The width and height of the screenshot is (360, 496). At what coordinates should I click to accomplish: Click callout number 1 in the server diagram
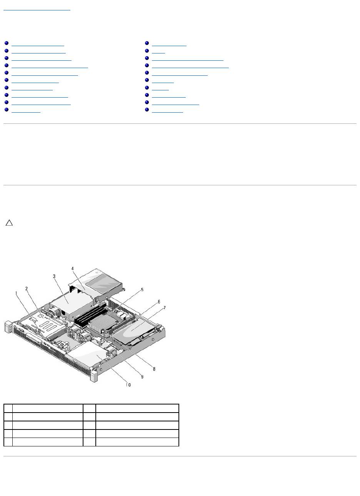point(16,293)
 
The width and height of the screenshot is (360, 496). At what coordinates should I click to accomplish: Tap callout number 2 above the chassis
point(26,288)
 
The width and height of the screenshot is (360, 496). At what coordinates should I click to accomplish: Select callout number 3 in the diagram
point(54,276)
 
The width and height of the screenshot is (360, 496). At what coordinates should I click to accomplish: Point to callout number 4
point(73,268)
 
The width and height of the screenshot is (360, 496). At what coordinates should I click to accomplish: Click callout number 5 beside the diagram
point(142,290)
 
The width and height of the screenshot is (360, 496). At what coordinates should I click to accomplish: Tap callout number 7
point(164,308)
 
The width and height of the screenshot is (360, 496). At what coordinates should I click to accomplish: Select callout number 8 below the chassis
point(154,369)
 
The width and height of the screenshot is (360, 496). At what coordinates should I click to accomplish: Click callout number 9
point(142,377)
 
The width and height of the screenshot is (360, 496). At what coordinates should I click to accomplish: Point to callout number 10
point(128,384)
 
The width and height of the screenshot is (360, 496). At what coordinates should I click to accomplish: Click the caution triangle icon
point(9,223)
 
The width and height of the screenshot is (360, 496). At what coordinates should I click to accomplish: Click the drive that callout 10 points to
point(87,356)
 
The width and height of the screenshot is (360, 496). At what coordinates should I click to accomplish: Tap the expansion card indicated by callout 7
point(133,331)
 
